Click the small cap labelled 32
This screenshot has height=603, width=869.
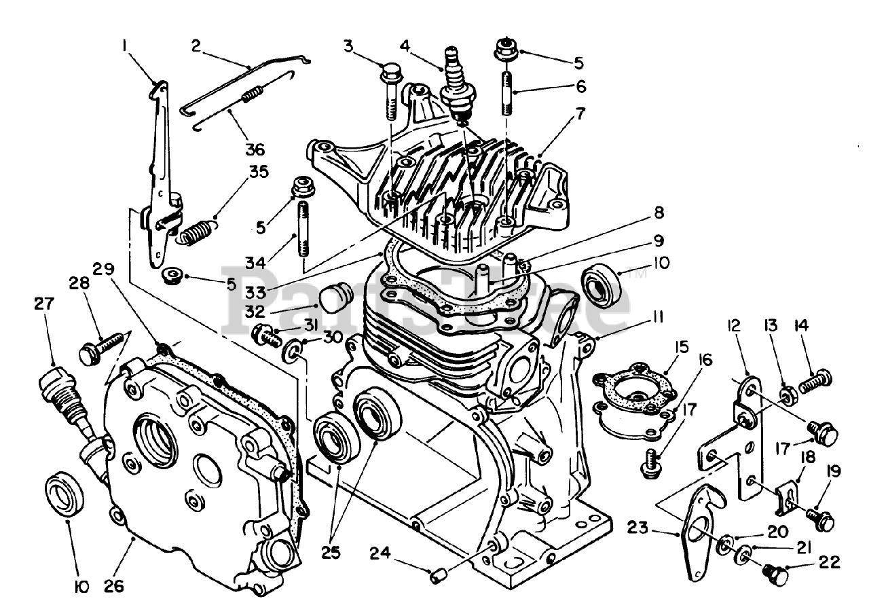(333, 297)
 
